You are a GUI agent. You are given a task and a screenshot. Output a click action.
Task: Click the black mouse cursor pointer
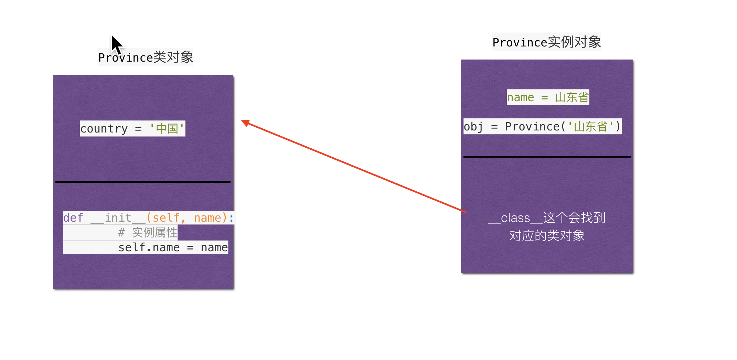pyautogui.click(x=117, y=44)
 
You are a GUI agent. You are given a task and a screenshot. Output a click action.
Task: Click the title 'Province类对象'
pyautogui.click(x=146, y=57)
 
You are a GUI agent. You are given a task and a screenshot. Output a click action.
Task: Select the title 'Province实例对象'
pyautogui.click(x=546, y=42)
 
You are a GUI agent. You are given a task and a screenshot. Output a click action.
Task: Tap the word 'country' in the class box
pyautogui.click(x=104, y=129)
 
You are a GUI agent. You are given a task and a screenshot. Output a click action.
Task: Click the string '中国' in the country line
pyautogui.click(x=167, y=129)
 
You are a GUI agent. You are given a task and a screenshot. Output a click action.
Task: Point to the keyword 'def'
pyautogui.click(x=73, y=218)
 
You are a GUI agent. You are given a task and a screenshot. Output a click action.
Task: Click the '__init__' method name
pyautogui.click(x=118, y=218)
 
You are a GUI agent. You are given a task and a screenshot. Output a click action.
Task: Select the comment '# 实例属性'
pyautogui.click(x=148, y=233)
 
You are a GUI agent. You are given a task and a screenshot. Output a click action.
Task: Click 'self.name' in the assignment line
pyautogui.click(x=149, y=247)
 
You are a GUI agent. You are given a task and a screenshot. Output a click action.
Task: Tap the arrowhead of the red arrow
pyautogui.click(x=245, y=122)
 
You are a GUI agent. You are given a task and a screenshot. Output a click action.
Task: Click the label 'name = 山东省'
pyautogui.click(x=548, y=97)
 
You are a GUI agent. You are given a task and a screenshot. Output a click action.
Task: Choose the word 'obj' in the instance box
pyautogui.click(x=473, y=127)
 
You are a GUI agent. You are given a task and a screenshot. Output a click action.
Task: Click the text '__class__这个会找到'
pyautogui.click(x=547, y=218)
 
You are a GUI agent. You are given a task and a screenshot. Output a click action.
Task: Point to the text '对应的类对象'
pyautogui.click(x=547, y=236)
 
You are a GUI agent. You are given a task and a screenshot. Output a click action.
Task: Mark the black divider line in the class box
pyautogui.click(x=143, y=182)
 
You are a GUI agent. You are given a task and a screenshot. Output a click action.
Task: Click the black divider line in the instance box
pyautogui.click(x=547, y=157)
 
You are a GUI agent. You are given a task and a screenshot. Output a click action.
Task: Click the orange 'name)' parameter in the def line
pyautogui.click(x=210, y=218)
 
